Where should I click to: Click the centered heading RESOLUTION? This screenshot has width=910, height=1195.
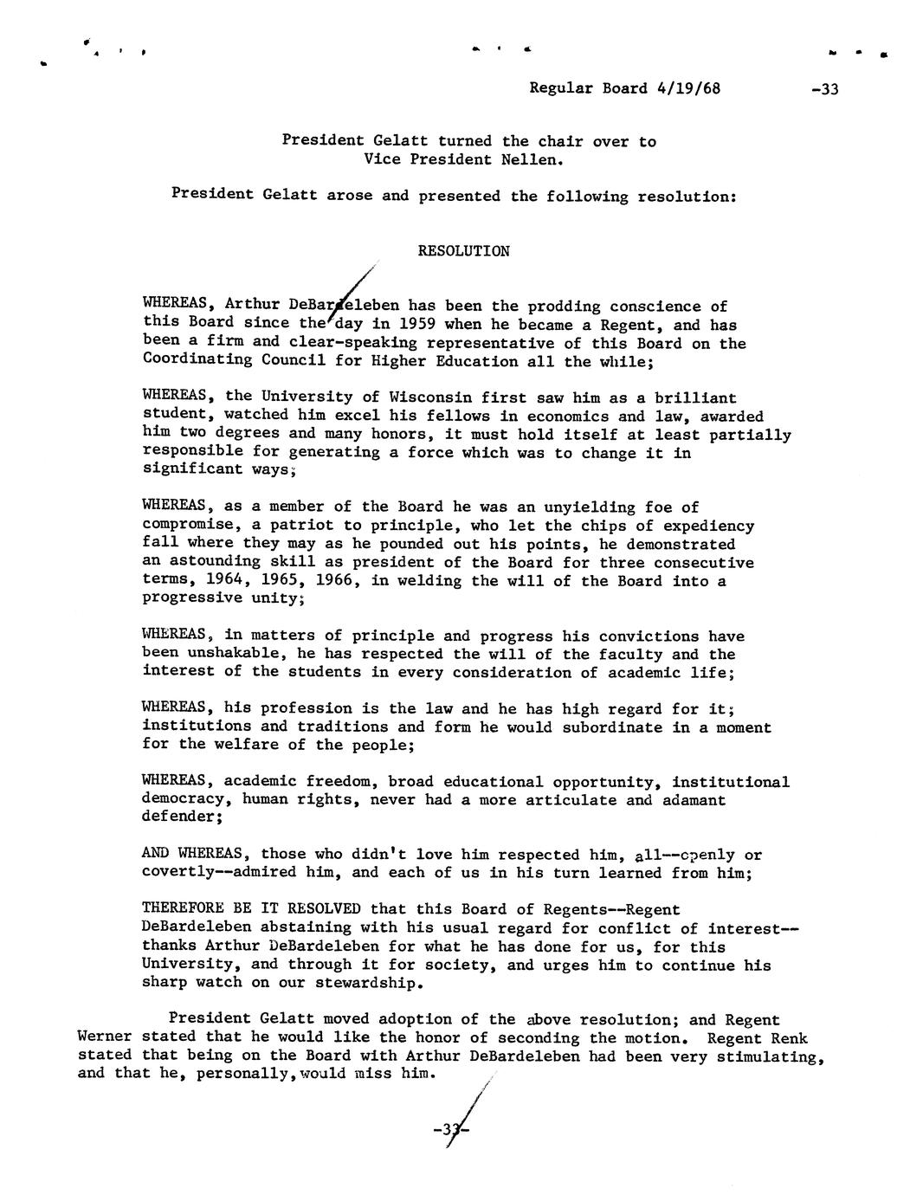pyautogui.click(x=463, y=251)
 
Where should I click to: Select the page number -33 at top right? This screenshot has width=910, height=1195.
pyautogui.click(x=826, y=89)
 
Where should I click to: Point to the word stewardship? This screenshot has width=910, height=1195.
pyautogui.click(x=348, y=983)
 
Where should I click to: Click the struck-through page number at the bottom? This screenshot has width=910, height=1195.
pyautogui.click(x=450, y=1130)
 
